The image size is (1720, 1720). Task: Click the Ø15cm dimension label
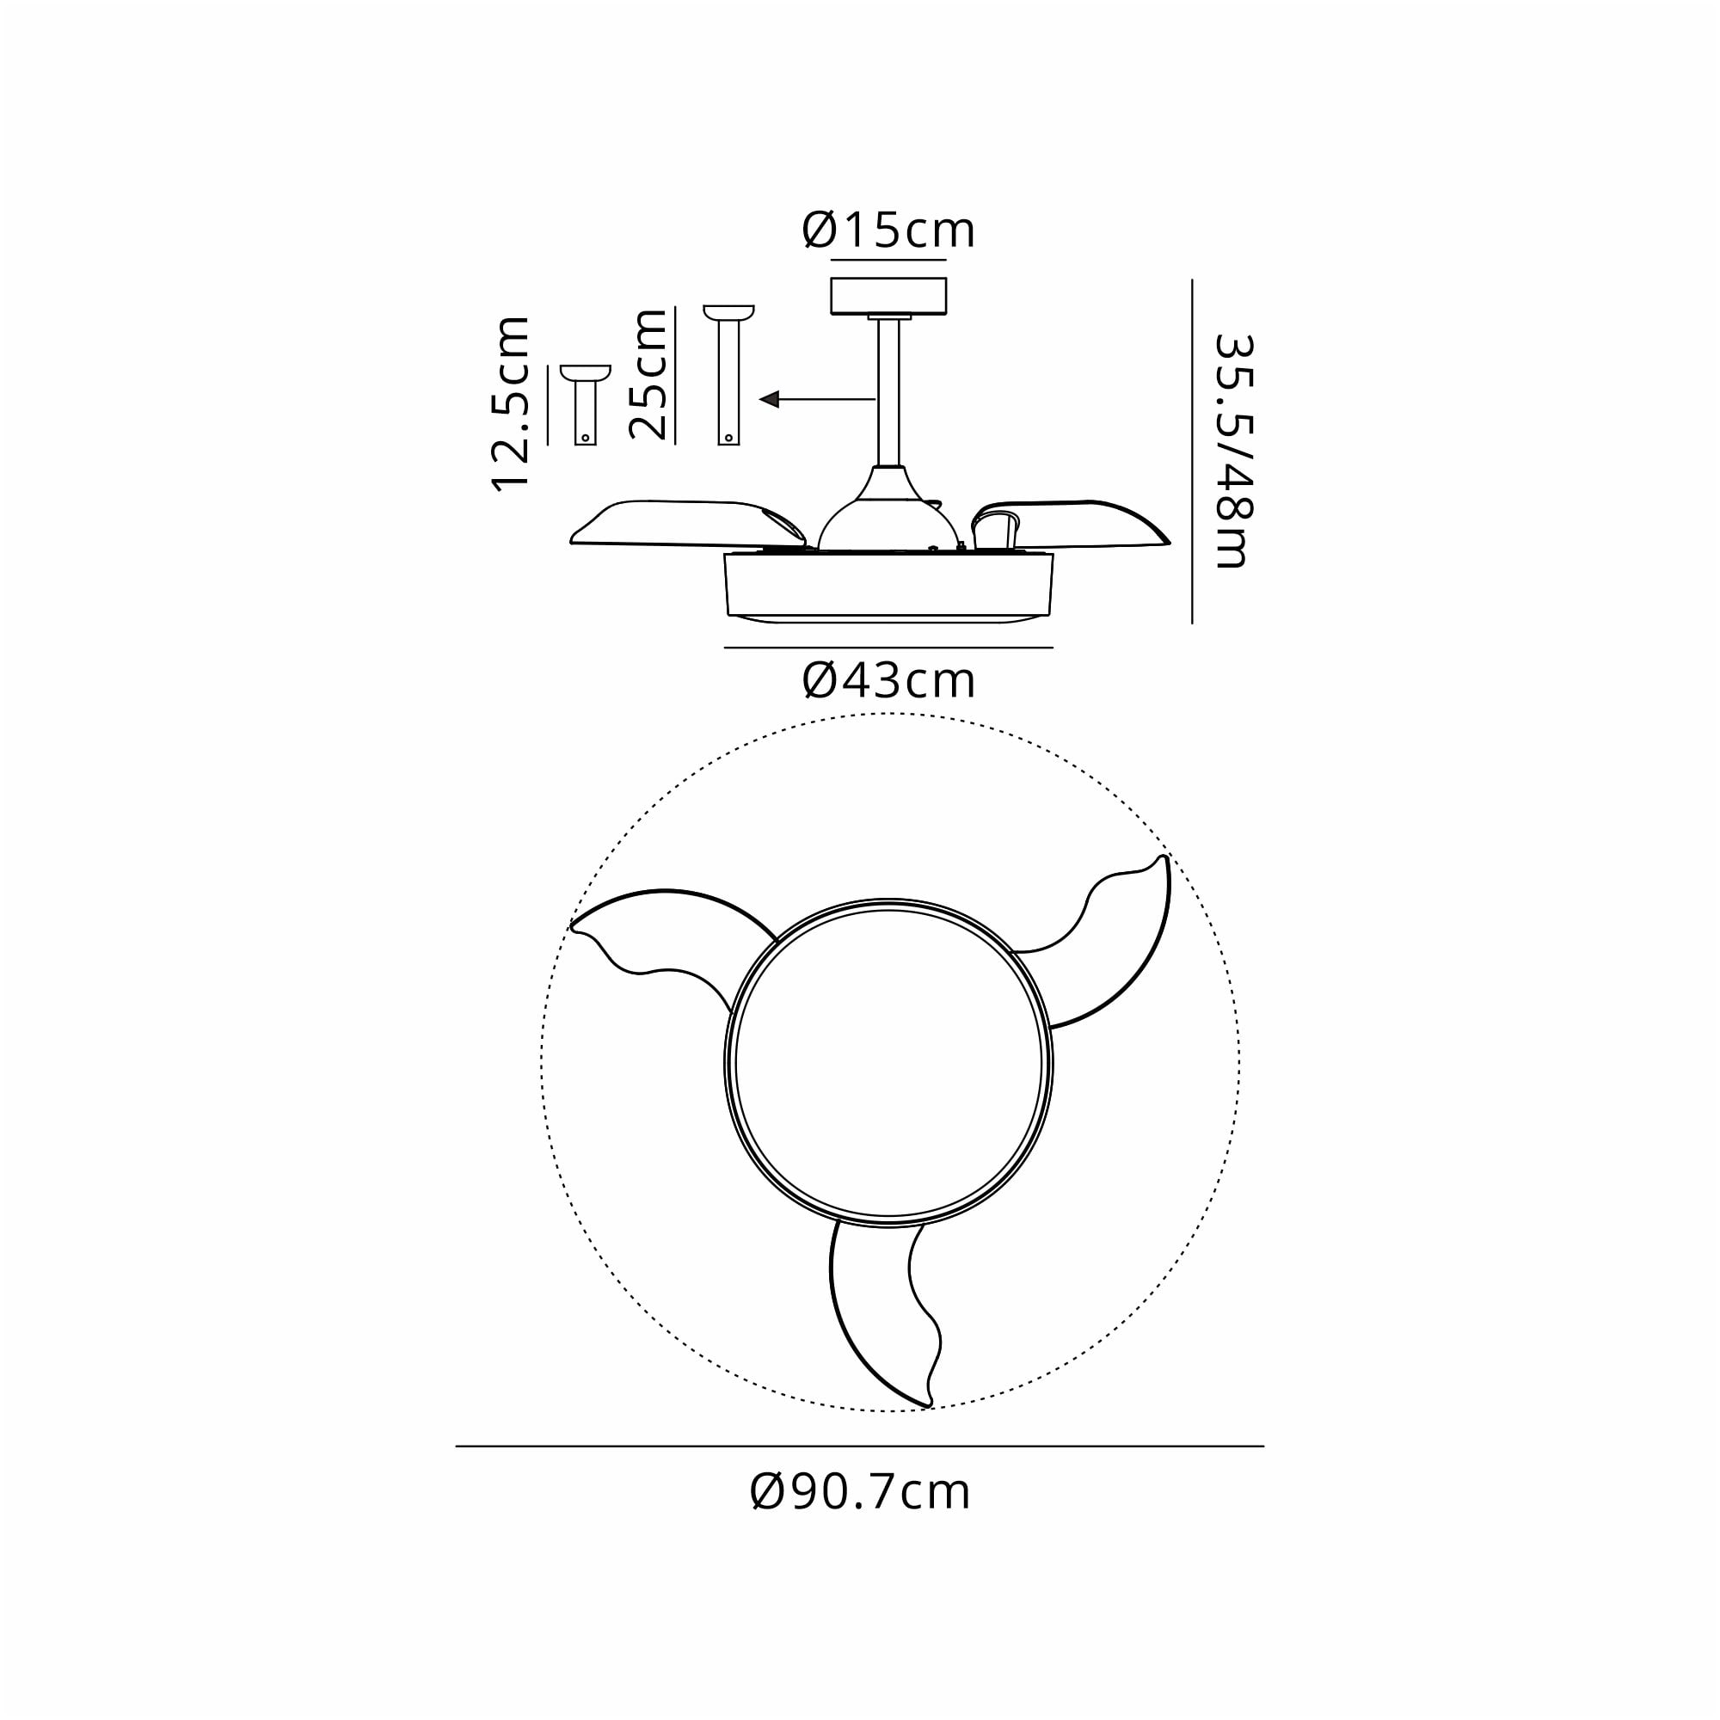[888, 230]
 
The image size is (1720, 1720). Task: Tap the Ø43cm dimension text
[888, 681]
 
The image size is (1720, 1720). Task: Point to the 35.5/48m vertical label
[1234, 451]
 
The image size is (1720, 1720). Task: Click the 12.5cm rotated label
[511, 402]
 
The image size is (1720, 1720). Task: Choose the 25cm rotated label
[648, 374]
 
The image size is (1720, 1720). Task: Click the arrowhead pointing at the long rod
[769, 399]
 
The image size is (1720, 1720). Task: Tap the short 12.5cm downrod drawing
[585, 404]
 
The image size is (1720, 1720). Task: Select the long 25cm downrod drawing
[728, 375]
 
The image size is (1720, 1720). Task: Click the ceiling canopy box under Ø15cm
[888, 296]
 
